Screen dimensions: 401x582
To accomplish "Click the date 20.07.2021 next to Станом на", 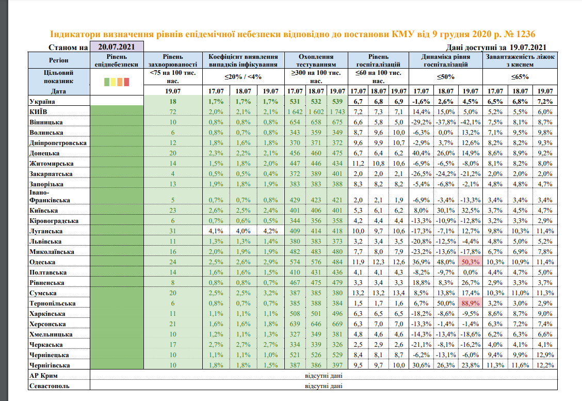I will point(117,47).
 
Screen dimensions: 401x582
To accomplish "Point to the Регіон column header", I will point(59,60).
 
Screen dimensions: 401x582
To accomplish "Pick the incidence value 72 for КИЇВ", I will point(173,112).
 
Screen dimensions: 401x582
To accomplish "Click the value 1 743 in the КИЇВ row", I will point(336,112).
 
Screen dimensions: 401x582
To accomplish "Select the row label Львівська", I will point(47,242).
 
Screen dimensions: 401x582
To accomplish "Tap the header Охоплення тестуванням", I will point(316,60).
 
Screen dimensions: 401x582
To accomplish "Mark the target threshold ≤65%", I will point(520,77).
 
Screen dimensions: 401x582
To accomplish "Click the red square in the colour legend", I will point(127,82).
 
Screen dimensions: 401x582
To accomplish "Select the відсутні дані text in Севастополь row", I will point(324,386).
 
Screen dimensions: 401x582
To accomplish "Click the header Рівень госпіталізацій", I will point(378,60).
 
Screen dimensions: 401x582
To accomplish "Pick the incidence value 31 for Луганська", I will point(173,231).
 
